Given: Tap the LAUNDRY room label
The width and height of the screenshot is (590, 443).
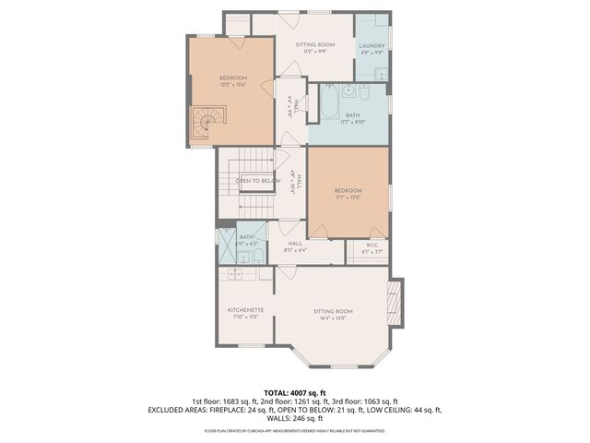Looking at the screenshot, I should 372,46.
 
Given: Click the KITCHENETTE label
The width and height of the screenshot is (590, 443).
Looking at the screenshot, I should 246,310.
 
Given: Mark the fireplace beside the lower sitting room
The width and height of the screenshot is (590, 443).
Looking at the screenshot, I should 395,304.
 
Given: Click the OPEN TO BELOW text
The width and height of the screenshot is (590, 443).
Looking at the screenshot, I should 257,181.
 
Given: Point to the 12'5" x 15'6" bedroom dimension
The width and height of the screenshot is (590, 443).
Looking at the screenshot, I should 233,85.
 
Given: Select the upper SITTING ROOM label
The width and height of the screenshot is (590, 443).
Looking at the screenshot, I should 313,45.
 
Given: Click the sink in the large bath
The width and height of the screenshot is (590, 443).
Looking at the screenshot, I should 348,92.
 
